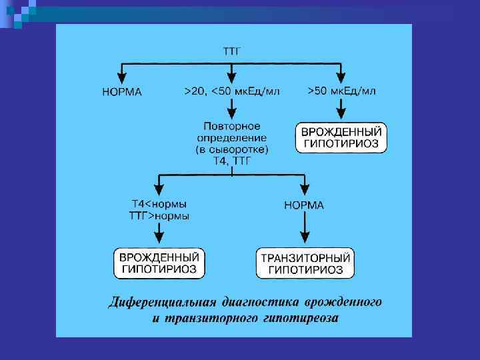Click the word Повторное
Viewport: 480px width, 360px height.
point(232,125)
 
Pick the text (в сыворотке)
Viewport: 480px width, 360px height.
point(232,149)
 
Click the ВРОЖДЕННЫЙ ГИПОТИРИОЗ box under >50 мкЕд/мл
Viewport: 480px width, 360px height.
point(341,137)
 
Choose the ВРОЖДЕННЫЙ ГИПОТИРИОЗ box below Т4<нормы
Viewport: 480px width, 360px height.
point(159,263)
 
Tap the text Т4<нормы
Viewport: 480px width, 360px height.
point(159,204)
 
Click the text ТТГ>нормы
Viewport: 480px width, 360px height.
point(159,216)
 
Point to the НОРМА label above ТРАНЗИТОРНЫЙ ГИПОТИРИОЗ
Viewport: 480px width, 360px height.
point(304,205)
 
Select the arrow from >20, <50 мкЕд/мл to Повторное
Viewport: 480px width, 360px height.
point(231,107)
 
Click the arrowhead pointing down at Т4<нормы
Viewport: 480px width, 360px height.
point(159,189)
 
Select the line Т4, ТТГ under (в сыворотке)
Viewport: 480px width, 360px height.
point(232,160)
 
